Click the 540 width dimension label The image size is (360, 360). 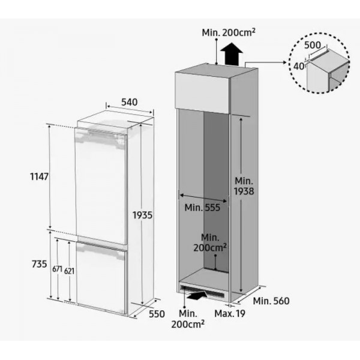(x=128, y=103)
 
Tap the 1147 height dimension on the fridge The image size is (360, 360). (x=38, y=177)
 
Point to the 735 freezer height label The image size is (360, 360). (x=38, y=265)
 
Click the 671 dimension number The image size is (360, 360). (x=57, y=269)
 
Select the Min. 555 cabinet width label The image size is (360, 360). (x=202, y=208)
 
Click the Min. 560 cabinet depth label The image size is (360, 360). (x=271, y=301)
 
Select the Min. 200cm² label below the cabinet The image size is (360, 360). (x=188, y=319)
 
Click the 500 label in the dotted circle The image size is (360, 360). (x=312, y=45)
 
